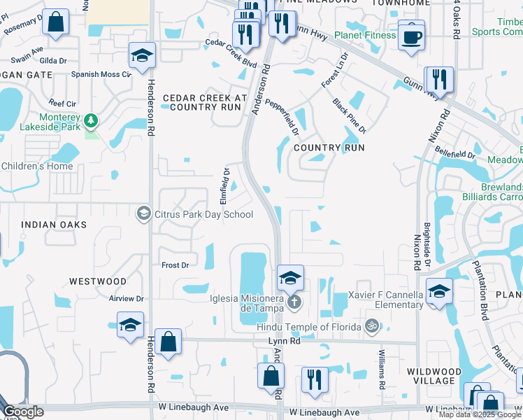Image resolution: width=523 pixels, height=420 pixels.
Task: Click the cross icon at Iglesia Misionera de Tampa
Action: (295, 303)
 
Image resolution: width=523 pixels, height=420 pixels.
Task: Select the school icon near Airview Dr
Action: (130, 325)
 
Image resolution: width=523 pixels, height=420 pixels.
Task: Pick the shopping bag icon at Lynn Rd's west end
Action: (169, 343)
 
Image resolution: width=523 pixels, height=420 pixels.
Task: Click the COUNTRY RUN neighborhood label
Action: (329, 148)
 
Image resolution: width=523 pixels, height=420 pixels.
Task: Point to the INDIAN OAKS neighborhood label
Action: (54, 225)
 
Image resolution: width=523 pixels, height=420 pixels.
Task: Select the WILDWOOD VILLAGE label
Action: (434, 376)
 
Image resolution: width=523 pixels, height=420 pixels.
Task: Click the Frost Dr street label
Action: (175, 265)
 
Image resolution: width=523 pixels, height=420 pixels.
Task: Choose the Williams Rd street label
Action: (382, 370)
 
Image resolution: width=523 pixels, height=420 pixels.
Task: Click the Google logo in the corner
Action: (23, 412)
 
